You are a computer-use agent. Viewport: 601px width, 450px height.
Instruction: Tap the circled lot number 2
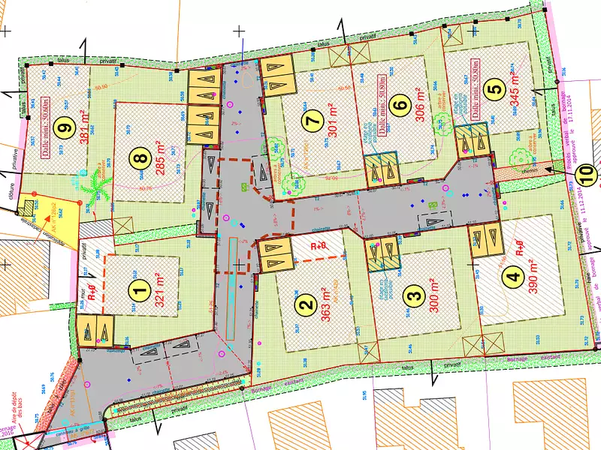click(305, 304)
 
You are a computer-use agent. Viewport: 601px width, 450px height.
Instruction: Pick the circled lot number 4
click(513, 277)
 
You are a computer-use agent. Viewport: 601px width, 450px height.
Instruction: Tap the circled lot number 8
click(138, 158)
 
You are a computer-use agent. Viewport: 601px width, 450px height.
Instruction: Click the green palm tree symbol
click(98, 184)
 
